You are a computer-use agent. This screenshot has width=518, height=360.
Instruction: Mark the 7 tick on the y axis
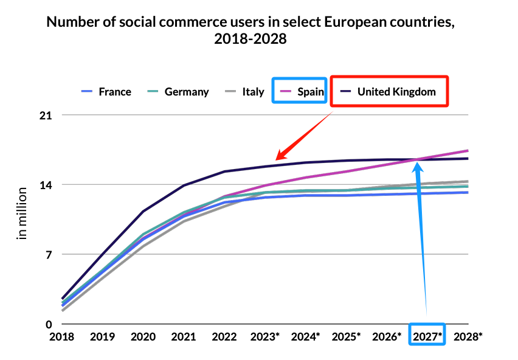point(49,254)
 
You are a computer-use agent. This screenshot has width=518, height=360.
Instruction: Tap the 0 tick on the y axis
point(49,324)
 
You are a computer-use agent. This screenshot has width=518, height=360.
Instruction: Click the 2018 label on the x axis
point(62,336)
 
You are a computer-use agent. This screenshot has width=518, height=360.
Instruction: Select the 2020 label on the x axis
point(143,336)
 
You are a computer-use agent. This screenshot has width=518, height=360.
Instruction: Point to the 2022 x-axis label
point(224,336)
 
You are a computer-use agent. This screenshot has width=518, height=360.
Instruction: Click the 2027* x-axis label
point(428,336)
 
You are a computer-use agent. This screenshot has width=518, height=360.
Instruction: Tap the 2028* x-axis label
point(469,336)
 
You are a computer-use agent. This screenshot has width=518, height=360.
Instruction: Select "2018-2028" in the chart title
point(250,40)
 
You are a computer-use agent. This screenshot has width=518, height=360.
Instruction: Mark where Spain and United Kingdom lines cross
point(418,160)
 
